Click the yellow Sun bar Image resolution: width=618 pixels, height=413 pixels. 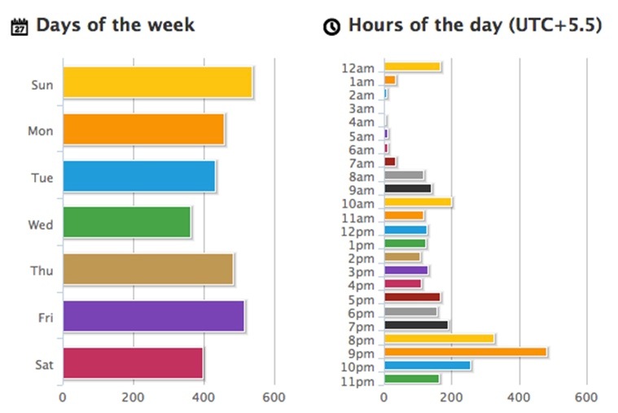pyautogui.click(x=157, y=82)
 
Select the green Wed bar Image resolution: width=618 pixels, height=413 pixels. pyautogui.click(x=126, y=222)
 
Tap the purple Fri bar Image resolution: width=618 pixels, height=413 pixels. pyautogui.click(x=153, y=316)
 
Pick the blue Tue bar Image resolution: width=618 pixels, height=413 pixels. pyautogui.click(x=138, y=176)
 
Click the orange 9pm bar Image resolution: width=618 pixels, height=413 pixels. pyautogui.click(x=465, y=352)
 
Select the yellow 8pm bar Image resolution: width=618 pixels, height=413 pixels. pyautogui.click(x=439, y=339)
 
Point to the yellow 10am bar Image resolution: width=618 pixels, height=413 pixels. pyautogui.click(x=418, y=202)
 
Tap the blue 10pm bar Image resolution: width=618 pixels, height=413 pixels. pyautogui.click(x=427, y=365)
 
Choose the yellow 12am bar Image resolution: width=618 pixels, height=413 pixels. pyautogui.click(x=412, y=67)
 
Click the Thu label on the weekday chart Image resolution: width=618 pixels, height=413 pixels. pyautogui.click(x=42, y=270)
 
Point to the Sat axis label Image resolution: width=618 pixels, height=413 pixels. pyautogui.click(x=43, y=364)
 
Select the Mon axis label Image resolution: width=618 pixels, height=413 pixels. pyautogui.click(x=41, y=130)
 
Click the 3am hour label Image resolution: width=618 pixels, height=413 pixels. pyautogui.click(x=361, y=108)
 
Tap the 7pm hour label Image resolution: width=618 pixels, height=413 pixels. pyautogui.click(x=361, y=327)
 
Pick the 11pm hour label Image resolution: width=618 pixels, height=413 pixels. pyautogui.click(x=359, y=380)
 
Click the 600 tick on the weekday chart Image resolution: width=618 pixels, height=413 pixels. pyautogui.click(x=274, y=398)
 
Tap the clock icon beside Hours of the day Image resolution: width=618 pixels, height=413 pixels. pyautogui.click(x=331, y=27)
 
